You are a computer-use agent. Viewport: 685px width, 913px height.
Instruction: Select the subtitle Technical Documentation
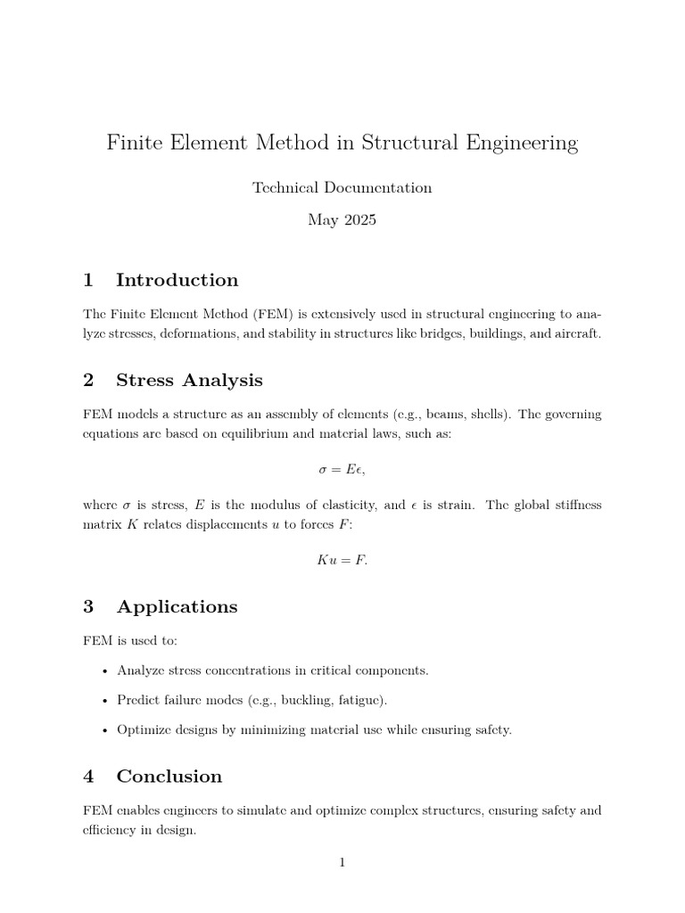tap(342, 187)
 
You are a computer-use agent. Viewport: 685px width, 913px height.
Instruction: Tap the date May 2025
tap(342, 220)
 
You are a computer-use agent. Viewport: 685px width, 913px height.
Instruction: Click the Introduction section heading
tap(177, 280)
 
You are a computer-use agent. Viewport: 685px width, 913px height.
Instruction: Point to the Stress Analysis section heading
tap(189, 381)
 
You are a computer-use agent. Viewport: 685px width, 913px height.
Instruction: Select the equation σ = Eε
tap(342, 469)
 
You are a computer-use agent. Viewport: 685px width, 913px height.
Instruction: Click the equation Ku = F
tap(342, 561)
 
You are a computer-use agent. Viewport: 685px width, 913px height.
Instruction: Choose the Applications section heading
tap(177, 607)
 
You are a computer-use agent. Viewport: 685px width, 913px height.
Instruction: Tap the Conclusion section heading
tap(169, 777)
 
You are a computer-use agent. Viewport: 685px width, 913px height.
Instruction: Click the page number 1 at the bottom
tap(342, 862)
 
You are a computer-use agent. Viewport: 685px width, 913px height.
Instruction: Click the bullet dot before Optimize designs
tap(106, 730)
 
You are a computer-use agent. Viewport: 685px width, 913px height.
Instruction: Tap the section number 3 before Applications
tap(88, 607)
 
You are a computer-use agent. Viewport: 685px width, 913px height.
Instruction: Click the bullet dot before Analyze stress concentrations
tap(106, 670)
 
